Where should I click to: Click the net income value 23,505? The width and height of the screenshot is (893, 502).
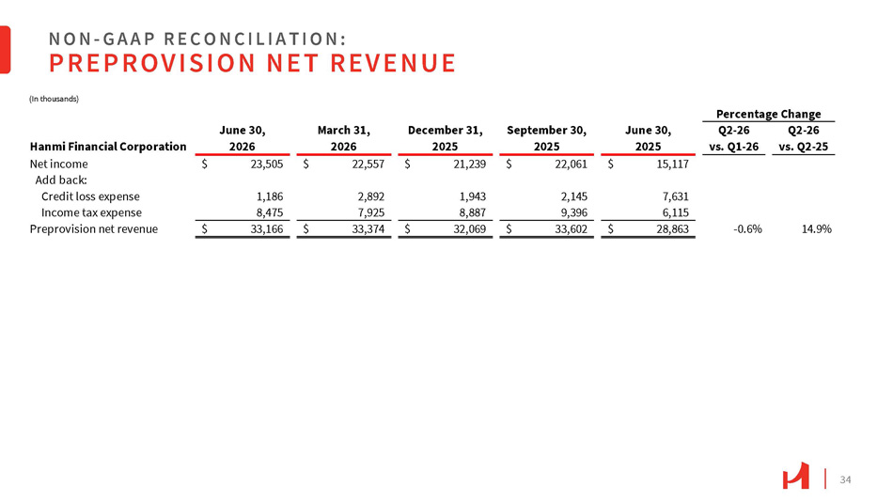(x=267, y=165)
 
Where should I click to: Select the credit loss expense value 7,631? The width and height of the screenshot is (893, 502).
(x=676, y=196)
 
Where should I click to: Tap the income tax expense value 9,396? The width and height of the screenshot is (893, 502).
(x=574, y=212)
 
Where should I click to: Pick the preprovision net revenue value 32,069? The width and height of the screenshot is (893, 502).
(x=470, y=229)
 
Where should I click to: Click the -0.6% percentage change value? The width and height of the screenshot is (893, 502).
(x=747, y=229)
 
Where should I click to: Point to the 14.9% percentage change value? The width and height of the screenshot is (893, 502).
(x=817, y=229)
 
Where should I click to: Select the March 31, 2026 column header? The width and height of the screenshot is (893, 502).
(x=344, y=138)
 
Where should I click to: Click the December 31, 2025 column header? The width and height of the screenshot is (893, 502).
(x=446, y=138)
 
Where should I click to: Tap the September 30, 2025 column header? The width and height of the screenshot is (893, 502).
(x=547, y=138)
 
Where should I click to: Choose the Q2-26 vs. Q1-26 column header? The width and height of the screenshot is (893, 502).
(x=733, y=138)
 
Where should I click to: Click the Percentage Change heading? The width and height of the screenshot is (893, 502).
(x=768, y=114)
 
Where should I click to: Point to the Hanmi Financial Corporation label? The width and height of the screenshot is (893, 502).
(x=108, y=147)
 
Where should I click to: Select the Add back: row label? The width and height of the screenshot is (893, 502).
(x=61, y=180)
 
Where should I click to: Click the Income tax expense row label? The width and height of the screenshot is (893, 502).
(x=92, y=212)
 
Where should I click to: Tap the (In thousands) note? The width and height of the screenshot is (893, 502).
(x=55, y=99)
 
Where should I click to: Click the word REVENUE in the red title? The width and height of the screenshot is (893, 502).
(x=393, y=63)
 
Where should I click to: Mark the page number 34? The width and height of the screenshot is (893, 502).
(x=845, y=479)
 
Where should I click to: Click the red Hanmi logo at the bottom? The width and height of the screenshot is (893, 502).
(x=795, y=476)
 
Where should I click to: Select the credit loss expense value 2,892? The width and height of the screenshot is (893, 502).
(x=371, y=196)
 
